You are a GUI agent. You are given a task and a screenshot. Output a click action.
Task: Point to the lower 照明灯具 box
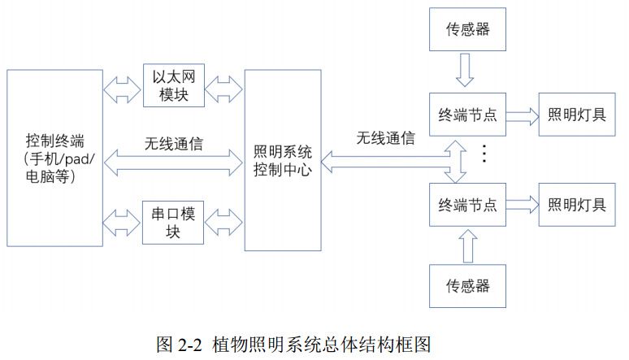click(x=576, y=203)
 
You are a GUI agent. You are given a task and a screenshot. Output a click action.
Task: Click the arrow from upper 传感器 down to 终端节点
click(x=464, y=71)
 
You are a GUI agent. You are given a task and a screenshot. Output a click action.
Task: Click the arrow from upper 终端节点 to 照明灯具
click(x=521, y=115)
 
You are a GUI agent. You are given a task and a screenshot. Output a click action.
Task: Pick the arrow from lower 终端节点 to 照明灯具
click(x=521, y=204)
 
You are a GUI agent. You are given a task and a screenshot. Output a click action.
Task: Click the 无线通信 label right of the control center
click(x=385, y=137)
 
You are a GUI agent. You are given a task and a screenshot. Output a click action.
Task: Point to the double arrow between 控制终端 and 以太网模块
click(x=122, y=85)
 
